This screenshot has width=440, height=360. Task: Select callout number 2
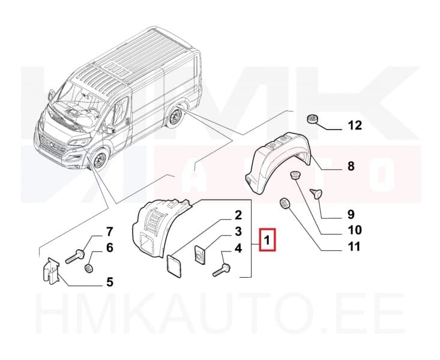pyautogui.click(x=238, y=215)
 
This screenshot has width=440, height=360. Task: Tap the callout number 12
pyautogui.click(x=355, y=126)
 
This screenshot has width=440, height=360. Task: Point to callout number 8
pyautogui.click(x=351, y=167)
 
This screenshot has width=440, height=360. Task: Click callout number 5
pyautogui.click(x=109, y=281)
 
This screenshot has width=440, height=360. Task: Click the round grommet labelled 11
pyautogui.click(x=285, y=205)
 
